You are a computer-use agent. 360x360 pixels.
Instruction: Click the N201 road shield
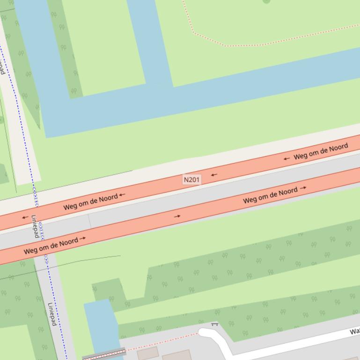[191, 180]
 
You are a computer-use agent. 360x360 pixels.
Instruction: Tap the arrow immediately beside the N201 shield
[214, 175]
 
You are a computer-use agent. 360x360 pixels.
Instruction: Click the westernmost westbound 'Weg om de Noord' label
[91, 202]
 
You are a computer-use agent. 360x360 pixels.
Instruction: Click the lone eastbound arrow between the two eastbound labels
[177, 216]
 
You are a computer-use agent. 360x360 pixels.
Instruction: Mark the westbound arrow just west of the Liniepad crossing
[25, 217]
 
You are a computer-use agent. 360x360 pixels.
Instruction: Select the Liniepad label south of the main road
[51, 314]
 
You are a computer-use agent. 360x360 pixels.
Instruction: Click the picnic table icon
[215, 324]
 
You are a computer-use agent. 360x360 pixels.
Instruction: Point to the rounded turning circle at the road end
[206, 333]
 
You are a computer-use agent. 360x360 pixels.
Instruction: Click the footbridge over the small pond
[104, 354]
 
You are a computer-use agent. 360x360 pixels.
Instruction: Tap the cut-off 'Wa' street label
[354, 331]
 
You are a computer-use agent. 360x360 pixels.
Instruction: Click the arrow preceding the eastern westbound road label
[287, 158]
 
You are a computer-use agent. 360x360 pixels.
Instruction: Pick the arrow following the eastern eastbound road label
[303, 188]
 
